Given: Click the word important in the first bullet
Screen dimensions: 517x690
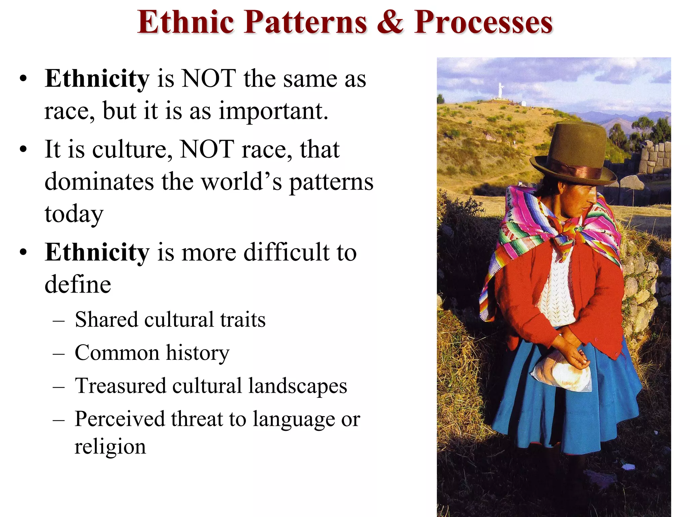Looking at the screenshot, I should pos(273,111).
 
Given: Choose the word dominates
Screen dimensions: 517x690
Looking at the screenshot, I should pos(99,182).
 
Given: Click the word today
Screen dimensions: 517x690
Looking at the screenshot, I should pos(74,214).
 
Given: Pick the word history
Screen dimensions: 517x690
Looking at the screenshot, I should pos(198,353).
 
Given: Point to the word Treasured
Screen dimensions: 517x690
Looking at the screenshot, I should pos(120,386).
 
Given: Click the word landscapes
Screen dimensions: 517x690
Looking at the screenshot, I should pos(298,386).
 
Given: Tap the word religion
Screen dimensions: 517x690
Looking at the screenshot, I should pos(110,447).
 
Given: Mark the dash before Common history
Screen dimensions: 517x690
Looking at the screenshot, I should pos(59,353).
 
